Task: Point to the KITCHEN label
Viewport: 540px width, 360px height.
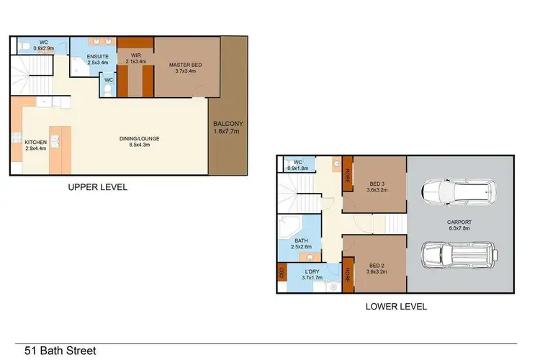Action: [x=35, y=143]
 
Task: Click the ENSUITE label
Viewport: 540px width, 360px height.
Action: [x=97, y=56]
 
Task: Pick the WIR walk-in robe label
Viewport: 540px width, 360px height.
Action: [x=135, y=55]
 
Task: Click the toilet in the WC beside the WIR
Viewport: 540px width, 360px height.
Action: [x=108, y=91]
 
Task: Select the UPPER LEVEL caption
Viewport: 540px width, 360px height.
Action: [x=97, y=187]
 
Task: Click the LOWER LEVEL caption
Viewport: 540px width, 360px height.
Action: [x=396, y=306]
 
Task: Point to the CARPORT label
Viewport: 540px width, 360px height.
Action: [x=459, y=222]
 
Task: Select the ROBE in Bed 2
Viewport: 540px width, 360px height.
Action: [x=348, y=274]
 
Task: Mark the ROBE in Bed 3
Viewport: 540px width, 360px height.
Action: [x=348, y=174]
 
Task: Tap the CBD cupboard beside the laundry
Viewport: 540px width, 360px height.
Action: [x=281, y=273]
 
